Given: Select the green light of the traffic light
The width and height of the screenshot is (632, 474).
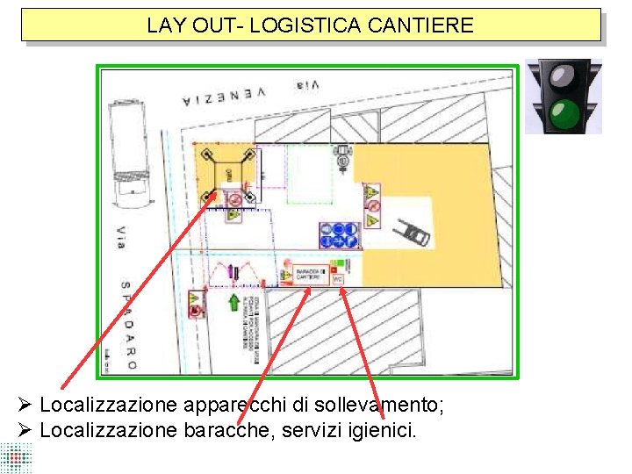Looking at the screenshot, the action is (563, 112).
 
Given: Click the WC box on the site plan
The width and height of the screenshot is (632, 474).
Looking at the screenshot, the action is (337, 278).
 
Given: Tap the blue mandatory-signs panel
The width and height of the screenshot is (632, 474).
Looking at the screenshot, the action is (338, 235).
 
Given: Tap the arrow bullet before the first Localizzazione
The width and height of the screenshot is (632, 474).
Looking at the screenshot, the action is (25, 405).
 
